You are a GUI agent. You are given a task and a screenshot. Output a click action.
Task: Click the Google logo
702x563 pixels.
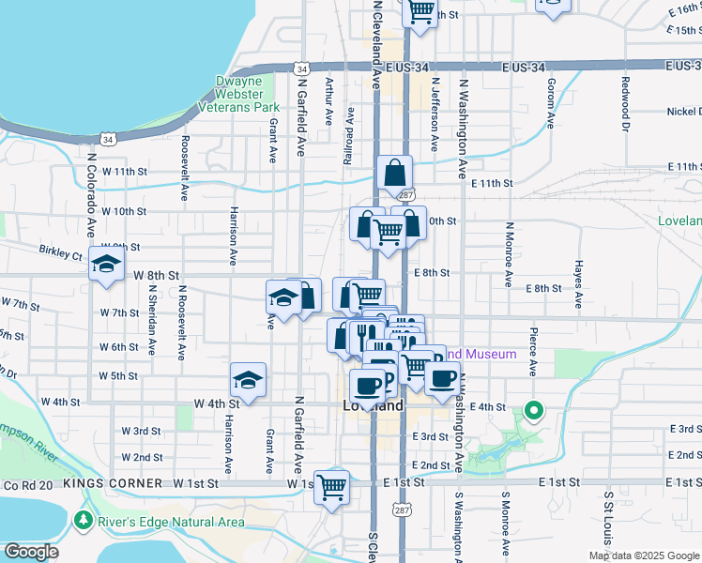click(31, 552)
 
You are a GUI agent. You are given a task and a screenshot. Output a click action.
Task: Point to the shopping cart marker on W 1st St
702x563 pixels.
click(331, 488)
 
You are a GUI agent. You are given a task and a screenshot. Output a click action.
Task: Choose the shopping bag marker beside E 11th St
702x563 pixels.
click(395, 174)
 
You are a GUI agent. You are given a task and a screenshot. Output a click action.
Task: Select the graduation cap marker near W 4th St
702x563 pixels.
click(248, 380)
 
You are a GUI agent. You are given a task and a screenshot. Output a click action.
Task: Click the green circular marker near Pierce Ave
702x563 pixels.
click(534, 410)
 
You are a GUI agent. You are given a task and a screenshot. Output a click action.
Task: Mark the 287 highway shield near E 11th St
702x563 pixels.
click(405, 195)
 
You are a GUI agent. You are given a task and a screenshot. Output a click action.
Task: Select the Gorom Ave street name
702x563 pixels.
click(551, 103)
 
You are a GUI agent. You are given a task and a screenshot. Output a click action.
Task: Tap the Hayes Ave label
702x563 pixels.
click(579, 280)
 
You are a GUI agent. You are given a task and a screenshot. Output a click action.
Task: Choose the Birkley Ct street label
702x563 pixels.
click(61, 253)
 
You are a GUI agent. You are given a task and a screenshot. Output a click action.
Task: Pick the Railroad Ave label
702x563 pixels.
click(349, 136)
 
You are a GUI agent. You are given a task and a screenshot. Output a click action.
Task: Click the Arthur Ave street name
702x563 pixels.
click(328, 101)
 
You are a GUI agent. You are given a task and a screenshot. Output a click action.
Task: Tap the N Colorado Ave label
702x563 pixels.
click(92, 197)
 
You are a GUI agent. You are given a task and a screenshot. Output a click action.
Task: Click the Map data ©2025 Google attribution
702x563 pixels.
click(645, 555)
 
